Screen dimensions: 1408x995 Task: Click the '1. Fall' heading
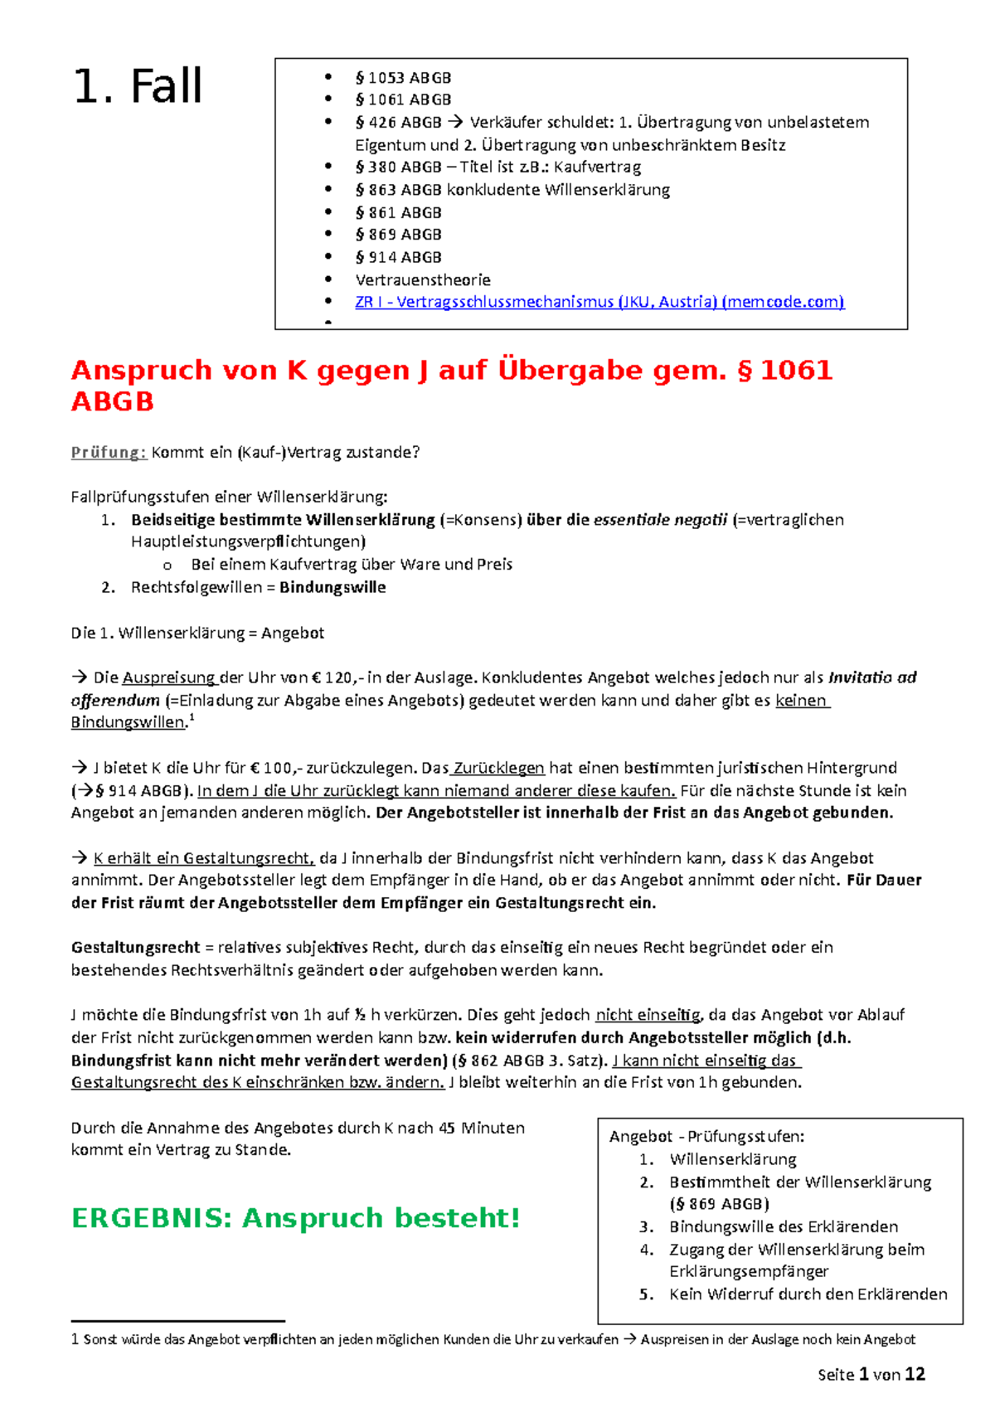click(x=138, y=87)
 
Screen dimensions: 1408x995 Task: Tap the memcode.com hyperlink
click(x=599, y=302)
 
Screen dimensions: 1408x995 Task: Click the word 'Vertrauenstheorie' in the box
click(x=423, y=279)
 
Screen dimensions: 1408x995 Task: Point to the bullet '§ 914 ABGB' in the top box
click(x=398, y=257)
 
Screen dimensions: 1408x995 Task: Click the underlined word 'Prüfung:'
click(x=109, y=453)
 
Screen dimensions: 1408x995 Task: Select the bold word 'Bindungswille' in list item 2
click(x=332, y=587)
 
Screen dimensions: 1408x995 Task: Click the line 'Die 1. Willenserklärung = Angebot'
click(x=197, y=633)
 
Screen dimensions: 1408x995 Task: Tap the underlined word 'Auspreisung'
click(x=168, y=677)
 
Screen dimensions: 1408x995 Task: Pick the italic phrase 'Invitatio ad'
click(x=871, y=677)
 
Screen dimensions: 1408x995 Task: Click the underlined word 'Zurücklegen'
click(x=498, y=768)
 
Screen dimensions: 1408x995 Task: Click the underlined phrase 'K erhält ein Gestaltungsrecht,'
click(x=204, y=858)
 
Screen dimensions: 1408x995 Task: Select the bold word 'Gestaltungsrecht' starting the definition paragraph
click(x=135, y=948)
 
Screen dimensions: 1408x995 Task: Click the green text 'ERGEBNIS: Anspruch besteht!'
click(x=296, y=1218)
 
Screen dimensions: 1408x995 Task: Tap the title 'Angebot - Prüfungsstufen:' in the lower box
click(x=706, y=1137)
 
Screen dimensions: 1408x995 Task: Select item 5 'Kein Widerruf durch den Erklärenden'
click(x=808, y=1294)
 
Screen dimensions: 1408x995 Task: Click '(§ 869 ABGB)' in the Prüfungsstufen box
click(x=719, y=1204)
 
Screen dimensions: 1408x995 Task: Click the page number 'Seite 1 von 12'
click(x=871, y=1375)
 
